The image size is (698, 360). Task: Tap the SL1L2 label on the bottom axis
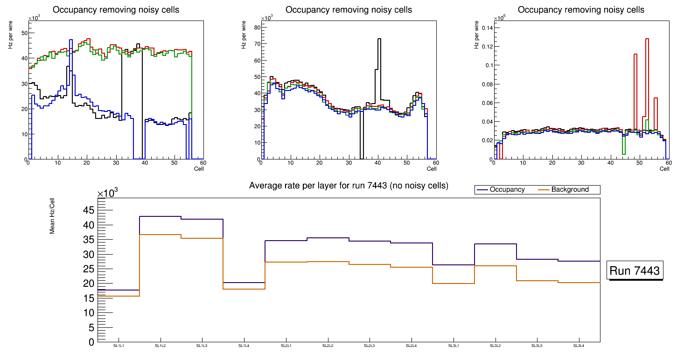161,346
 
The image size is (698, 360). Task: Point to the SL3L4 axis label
579,346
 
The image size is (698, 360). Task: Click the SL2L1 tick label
286,346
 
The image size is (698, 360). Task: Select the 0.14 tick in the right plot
487,28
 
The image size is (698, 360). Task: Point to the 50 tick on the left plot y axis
23,33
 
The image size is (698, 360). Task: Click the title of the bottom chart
349,186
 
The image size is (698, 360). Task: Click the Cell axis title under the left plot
199,168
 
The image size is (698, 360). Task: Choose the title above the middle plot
349,10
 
